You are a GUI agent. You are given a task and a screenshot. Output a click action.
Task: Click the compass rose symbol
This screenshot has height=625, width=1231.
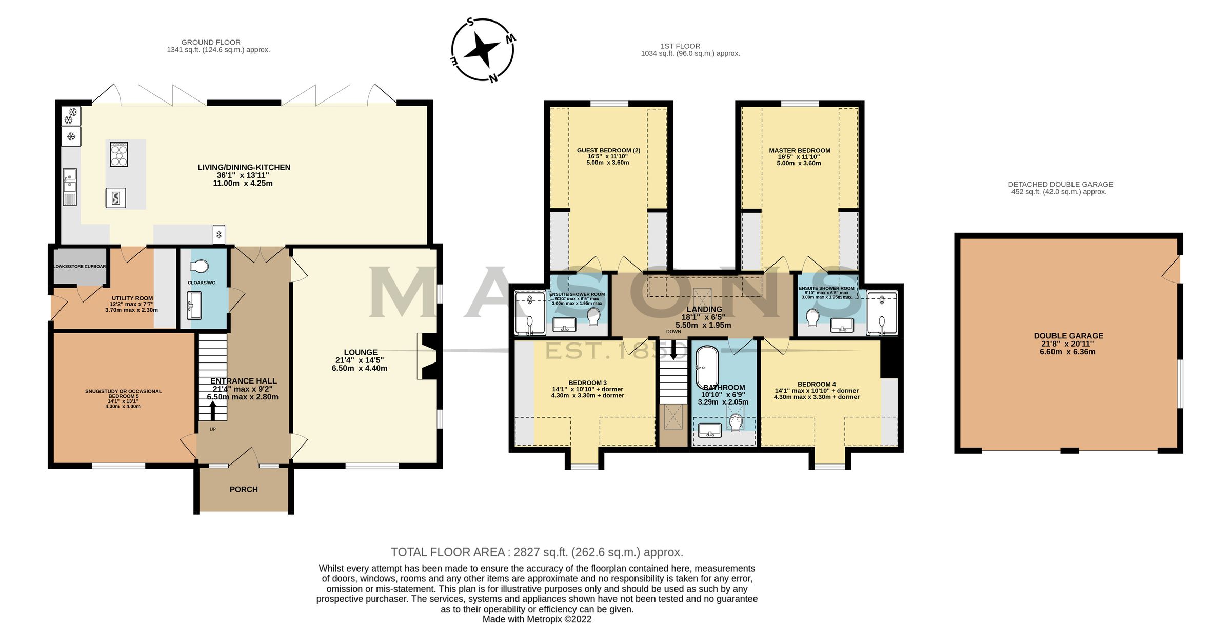coord(482,50)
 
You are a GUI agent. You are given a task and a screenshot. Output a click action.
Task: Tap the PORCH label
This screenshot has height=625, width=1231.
coord(244,489)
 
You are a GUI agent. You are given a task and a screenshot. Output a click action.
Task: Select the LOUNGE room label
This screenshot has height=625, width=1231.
coord(360,352)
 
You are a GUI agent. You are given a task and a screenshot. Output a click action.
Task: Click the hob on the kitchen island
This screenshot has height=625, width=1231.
coord(119,154)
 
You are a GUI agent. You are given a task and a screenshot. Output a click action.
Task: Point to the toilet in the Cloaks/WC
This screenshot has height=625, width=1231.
coord(199,266)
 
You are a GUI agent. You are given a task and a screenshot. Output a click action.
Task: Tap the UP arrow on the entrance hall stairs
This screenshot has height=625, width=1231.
coord(213,411)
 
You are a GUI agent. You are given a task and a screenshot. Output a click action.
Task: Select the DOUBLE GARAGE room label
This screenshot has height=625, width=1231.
coord(1068,336)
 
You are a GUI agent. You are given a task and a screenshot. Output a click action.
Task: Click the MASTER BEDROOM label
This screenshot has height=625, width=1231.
coord(799,151)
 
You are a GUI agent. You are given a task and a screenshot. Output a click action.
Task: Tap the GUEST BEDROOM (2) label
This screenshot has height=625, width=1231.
coord(608,151)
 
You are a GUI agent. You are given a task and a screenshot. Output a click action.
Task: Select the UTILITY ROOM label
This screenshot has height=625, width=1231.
coord(132,298)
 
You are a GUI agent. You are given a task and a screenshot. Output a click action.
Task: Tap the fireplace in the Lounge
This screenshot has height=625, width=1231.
coord(427,356)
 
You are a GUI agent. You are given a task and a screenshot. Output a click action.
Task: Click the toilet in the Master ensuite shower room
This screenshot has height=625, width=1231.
coord(811,318)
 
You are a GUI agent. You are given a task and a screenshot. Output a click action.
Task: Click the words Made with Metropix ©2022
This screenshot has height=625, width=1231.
coord(537,619)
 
